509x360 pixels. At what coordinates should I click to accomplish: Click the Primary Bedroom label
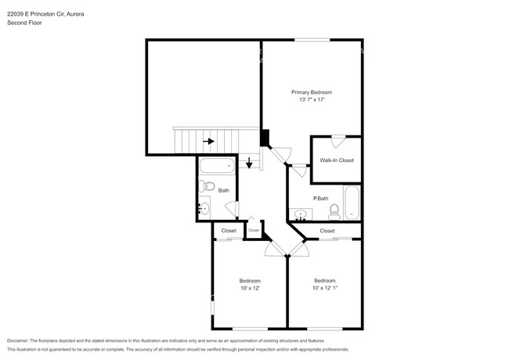[312, 92]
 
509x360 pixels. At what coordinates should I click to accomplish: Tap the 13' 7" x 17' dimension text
[312, 100]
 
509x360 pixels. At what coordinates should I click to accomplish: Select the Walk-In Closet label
[337, 160]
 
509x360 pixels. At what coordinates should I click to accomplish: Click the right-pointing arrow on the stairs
[209, 142]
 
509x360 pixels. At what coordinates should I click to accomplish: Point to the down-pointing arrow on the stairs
[250, 163]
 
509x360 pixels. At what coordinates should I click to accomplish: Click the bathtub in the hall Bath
[216, 166]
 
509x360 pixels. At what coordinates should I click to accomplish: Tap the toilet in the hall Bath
[205, 186]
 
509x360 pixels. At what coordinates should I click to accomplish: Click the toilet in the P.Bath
[334, 210]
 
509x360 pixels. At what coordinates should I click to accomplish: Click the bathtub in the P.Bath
[352, 202]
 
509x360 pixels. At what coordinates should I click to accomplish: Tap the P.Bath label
[319, 198]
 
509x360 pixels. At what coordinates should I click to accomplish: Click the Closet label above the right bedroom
[327, 231]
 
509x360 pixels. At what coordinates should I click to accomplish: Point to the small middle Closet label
[254, 230]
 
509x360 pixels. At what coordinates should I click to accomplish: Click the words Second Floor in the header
[25, 23]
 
